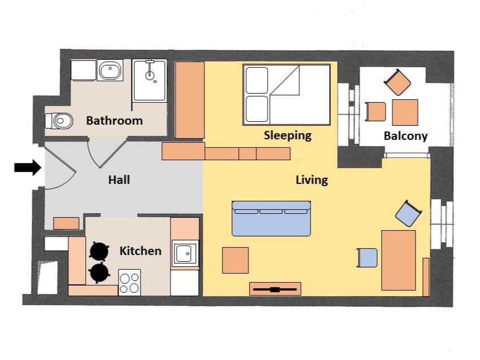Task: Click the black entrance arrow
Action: pyautogui.click(x=28, y=168)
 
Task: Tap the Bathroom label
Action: pyautogui.click(x=115, y=121)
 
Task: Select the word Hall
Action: pyautogui.click(x=119, y=179)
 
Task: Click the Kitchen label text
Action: pyautogui.click(x=141, y=251)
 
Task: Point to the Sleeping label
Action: pyautogui.click(x=288, y=135)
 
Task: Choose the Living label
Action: pyautogui.click(x=312, y=180)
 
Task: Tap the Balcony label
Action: pyautogui.click(x=405, y=136)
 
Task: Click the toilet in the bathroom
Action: pyautogui.click(x=59, y=121)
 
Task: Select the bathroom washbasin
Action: pyautogui.click(x=110, y=71)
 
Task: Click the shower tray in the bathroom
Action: pyautogui.click(x=150, y=81)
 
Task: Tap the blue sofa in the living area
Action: pyautogui.click(x=271, y=218)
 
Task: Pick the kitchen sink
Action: pyautogui.click(x=185, y=253)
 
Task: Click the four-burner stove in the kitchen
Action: pyautogui.click(x=129, y=282)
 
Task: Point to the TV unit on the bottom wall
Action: pyautogui.click(x=275, y=289)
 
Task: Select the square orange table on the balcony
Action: pyautogui.click(x=405, y=112)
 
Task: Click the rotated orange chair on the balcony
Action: pyautogui.click(x=398, y=82)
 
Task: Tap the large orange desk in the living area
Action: pyautogui.click(x=399, y=260)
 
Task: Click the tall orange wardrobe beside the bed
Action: pyautogui.click(x=190, y=100)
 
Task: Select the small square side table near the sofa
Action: pyautogui.click(x=235, y=260)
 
